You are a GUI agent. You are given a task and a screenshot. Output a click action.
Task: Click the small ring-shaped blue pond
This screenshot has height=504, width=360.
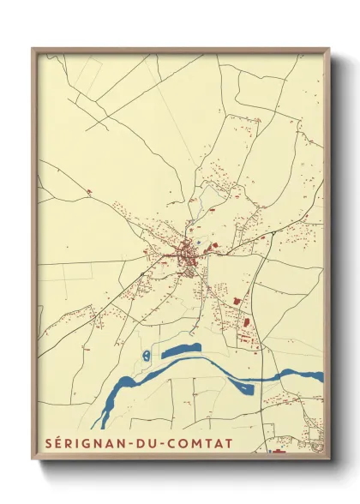tap(147, 354)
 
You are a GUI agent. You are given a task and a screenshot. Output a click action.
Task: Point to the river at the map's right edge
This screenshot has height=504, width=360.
tap(315, 375)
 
